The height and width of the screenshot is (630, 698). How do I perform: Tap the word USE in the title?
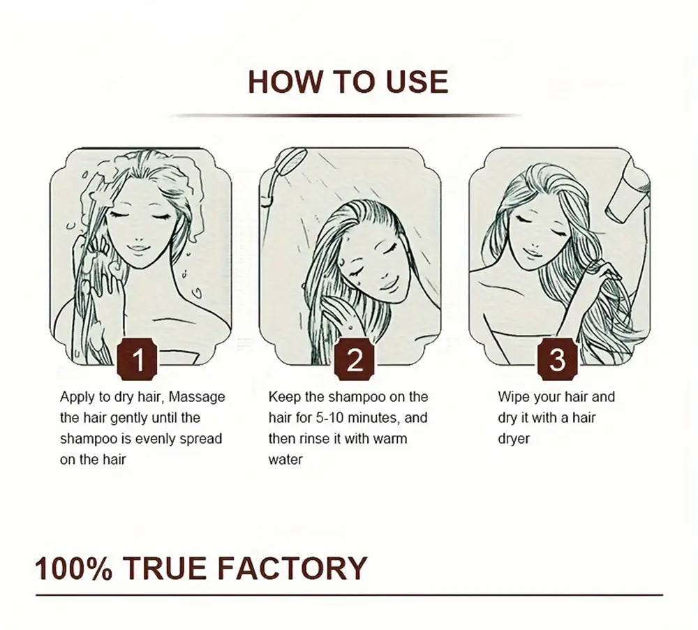(x=417, y=82)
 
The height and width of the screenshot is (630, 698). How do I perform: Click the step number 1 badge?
(x=138, y=359)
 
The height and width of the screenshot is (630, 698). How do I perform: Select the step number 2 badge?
(x=355, y=359)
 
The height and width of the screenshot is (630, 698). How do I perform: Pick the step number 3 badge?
(x=557, y=359)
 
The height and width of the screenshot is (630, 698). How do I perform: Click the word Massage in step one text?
(x=197, y=396)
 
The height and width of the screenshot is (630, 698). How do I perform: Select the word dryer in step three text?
(x=514, y=439)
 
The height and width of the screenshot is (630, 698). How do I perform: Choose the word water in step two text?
(x=285, y=460)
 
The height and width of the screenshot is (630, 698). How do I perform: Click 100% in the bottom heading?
(x=73, y=568)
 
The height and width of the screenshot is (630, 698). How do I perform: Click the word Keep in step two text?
(x=283, y=397)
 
